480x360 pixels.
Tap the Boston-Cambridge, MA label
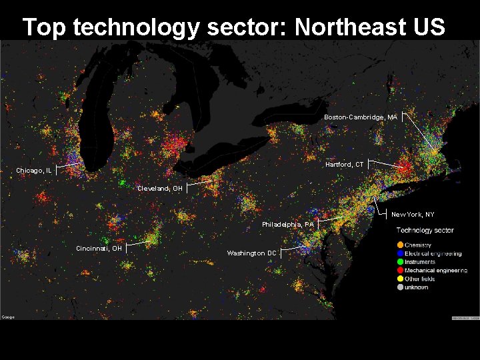360,117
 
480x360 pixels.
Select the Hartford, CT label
345,164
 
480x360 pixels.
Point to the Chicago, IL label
34,171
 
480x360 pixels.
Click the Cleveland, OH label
159,189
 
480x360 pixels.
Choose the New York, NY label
413,215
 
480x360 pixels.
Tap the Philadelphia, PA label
288,225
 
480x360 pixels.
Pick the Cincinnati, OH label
99,249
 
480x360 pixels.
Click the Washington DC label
251,253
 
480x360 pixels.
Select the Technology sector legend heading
425,231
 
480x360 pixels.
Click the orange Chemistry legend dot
399,245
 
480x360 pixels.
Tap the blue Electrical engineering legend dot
399,254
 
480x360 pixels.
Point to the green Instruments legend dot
399,262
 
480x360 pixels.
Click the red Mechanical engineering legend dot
399,271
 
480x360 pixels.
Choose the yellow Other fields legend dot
399,279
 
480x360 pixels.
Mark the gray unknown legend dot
399,287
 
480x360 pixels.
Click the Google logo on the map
8,317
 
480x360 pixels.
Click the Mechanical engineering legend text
436,271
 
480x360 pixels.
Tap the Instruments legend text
420,262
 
